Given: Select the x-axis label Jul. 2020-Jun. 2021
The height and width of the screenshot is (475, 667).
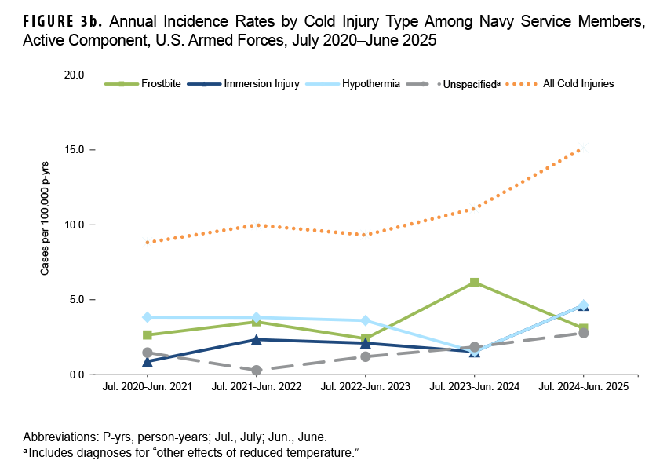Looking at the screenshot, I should (147, 387).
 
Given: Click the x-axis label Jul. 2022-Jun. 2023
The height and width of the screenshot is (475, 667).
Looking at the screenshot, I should (365, 387).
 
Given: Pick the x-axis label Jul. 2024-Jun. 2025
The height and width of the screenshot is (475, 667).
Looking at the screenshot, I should (583, 387).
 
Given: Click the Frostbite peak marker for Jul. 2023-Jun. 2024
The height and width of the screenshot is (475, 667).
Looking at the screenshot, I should (474, 282).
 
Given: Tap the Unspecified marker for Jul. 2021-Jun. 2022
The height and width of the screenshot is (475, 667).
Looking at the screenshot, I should (256, 370).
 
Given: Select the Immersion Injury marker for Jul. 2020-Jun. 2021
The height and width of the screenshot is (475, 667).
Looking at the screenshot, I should (147, 362).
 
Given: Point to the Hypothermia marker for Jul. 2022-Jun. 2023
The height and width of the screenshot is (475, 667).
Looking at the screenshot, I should (365, 320).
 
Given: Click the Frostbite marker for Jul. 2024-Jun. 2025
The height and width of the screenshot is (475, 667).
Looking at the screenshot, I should (583, 328).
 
